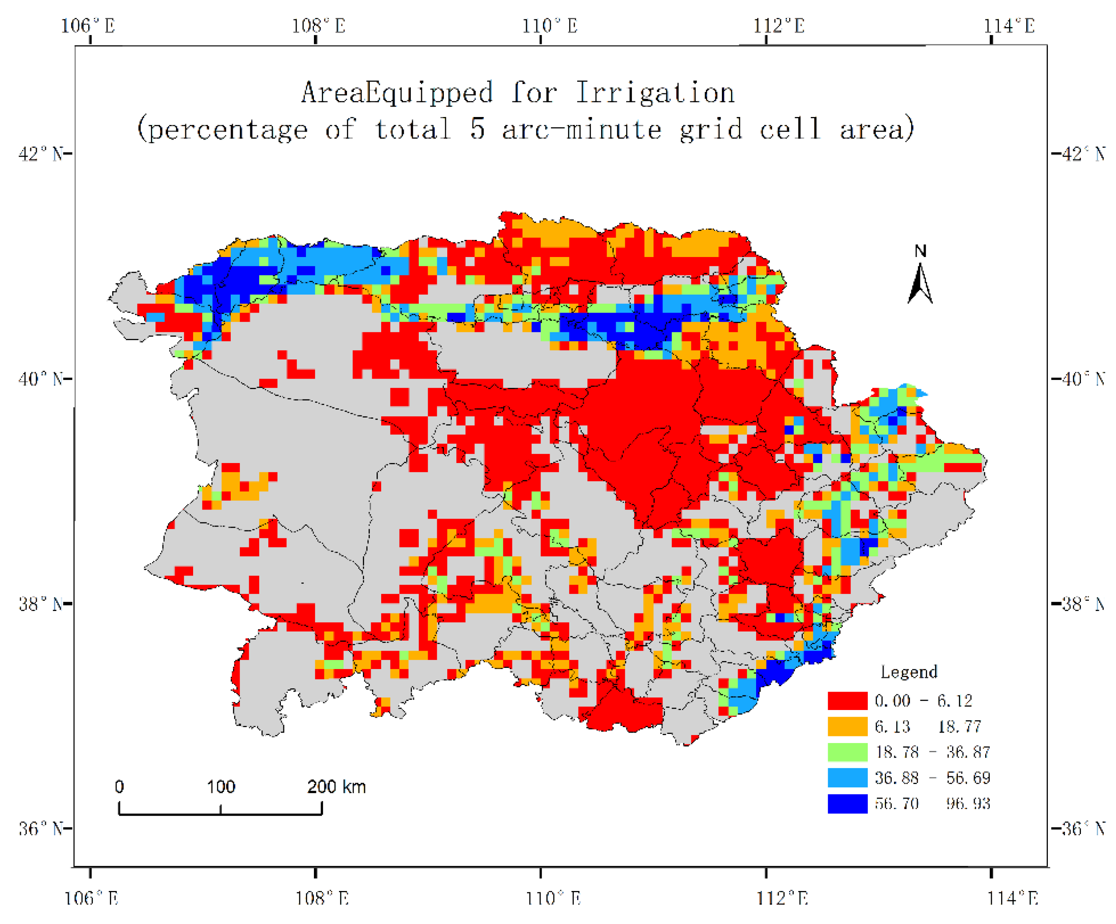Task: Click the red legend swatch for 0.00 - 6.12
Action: click(847, 701)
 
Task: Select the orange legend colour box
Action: click(847, 726)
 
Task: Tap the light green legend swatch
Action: click(847, 752)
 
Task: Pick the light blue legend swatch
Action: click(847, 778)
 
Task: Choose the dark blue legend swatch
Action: click(847, 803)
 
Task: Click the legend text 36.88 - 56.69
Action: click(932, 778)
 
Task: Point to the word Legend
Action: click(909, 672)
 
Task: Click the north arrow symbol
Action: click(920, 284)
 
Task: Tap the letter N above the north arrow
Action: click(920, 251)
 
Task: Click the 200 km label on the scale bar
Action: click(336, 787)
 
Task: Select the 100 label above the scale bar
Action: click(221, 787)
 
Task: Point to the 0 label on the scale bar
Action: click(120, 787)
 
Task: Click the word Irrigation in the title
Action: click(655, 93)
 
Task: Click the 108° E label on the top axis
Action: click(318, 25)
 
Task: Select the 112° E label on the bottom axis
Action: click(782, 898)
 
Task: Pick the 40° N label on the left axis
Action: click(41, 379)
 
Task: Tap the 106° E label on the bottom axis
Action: click(91, 898)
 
